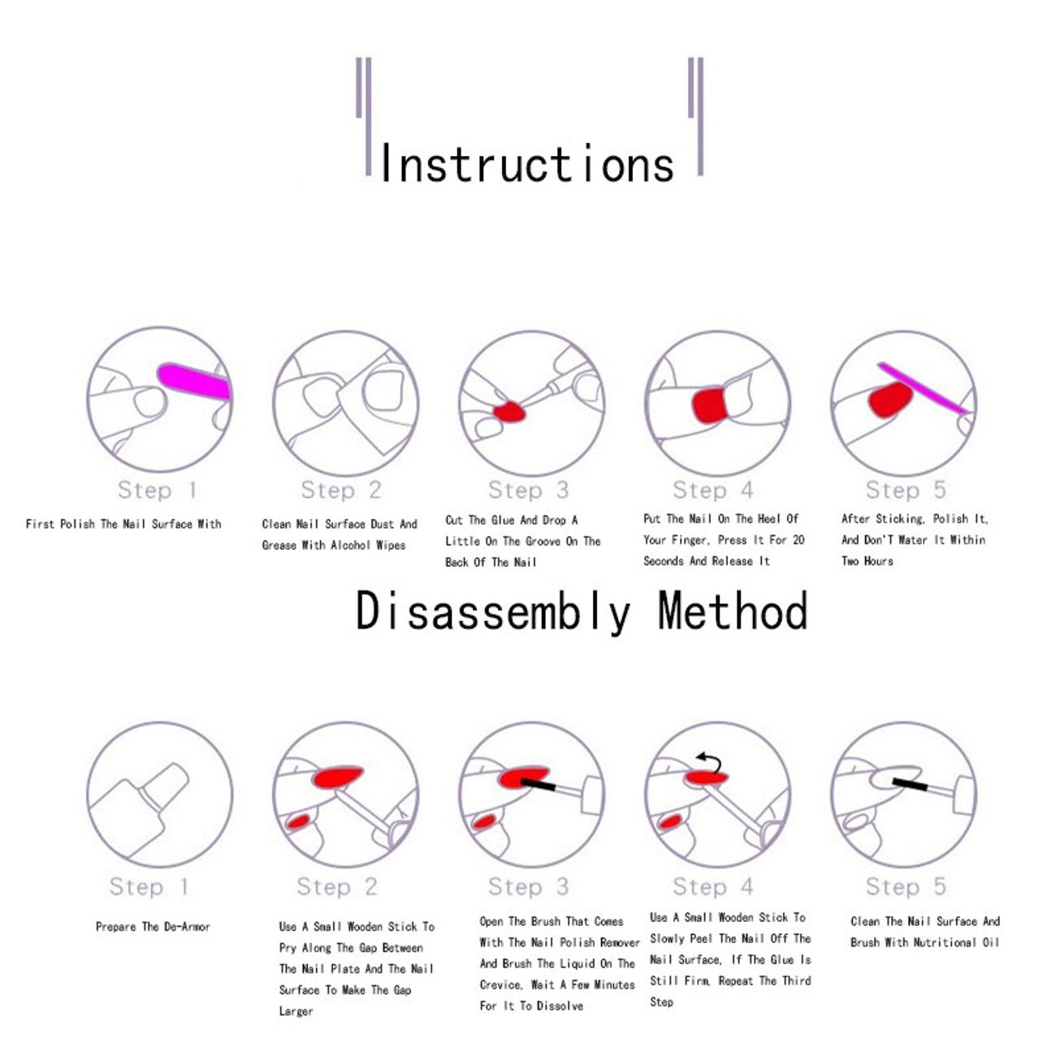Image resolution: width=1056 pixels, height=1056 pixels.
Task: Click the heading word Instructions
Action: (527, 163)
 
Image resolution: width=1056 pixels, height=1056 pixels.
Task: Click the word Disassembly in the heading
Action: (493, 612)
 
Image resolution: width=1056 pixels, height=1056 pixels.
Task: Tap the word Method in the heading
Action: (733, 611)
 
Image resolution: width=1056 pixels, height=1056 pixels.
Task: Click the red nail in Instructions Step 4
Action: (709, 405)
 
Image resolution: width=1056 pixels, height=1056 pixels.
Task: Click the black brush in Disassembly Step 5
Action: (909, 783)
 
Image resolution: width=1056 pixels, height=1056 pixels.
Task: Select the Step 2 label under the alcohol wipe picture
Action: (340, 490)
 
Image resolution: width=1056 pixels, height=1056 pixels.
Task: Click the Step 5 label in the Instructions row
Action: (905, 490)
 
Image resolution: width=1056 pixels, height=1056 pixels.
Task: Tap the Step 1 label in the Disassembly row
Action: (149, 886)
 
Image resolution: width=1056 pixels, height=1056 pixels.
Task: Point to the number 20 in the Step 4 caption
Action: (798, 539)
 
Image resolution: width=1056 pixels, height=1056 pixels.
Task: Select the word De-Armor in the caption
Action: (186, 926)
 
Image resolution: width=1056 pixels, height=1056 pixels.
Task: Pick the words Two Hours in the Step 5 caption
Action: (867, 560)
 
